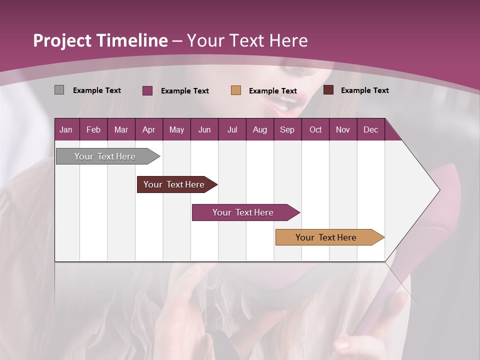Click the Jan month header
click(66, 129)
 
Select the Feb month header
click(93, 129)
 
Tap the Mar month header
click(121, 129)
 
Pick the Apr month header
click(148, 129)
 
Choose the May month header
click(176, 129)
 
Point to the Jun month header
click(204, 129)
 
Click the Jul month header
click(232, 129)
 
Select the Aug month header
click(259, 129)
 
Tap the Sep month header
click(287, 129)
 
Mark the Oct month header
click(315, 129)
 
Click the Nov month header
click(343, 129)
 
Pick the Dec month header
click(371, 129)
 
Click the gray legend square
click(59, 90)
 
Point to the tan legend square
click(236, 90)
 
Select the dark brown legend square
click(328, 90)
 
